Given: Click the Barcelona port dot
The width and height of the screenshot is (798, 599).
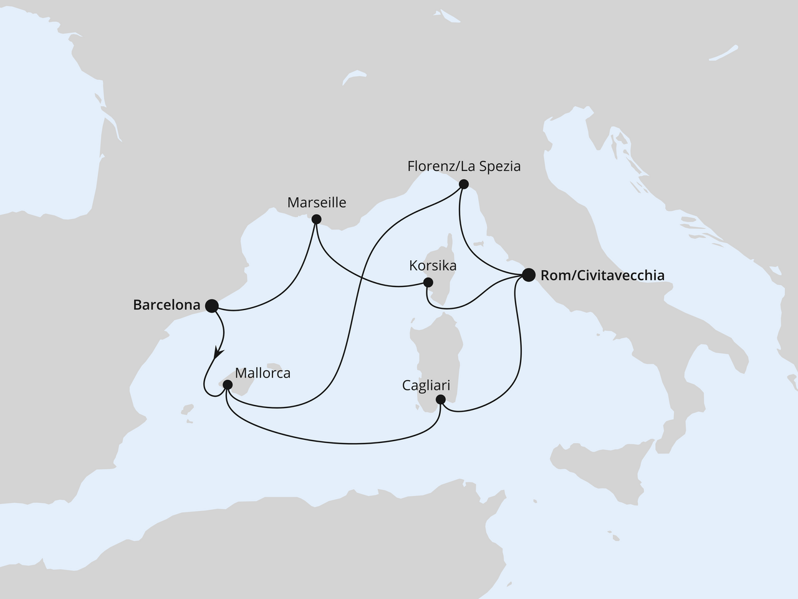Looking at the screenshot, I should click(x=211, y=305).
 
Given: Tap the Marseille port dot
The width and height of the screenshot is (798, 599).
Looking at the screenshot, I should click(x=316, y=219).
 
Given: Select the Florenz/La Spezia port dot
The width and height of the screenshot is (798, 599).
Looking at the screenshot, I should click(x=463, y=184).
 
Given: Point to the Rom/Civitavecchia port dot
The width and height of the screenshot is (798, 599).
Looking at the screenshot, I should click(x=529, y=275).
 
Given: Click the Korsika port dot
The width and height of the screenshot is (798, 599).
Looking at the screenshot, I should click(x=428, y=282).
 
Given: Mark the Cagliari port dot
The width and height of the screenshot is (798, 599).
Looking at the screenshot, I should click(x=441, y=399).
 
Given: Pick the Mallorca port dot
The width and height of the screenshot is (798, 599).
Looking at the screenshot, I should click(x=228, y=386).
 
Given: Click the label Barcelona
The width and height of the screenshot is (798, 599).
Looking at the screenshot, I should click(x=166, y=305).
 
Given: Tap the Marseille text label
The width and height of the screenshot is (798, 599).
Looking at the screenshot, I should click(x=316, y=203).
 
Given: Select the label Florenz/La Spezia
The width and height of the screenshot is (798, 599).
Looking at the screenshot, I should click(x=463, y=167).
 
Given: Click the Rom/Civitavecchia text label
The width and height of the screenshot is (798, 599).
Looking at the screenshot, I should click(x=602, y=275).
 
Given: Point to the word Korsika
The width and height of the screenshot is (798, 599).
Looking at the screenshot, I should click(x=433, y=265).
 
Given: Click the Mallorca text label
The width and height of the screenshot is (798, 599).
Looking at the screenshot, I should click(x=263, y=373).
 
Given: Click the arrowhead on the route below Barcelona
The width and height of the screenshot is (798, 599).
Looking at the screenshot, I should click(x=218, y=353).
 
